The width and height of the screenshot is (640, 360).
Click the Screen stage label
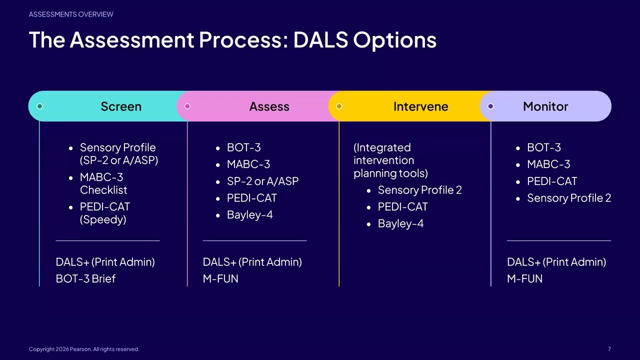[x=121, y=106]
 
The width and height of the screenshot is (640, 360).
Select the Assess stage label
[x=269, y=106]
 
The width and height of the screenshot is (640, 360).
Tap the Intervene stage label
[x=420, y=106]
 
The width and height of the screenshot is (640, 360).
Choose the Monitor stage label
[x=545, y=106]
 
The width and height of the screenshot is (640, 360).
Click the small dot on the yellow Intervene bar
[x=339, y=106]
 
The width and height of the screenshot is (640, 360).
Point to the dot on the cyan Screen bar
[x=40, y=106]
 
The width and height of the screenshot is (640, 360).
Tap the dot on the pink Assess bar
[x=187, y=106]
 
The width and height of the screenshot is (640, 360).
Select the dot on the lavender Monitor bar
[x=490, y=106]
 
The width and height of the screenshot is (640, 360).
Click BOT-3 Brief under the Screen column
[x=85, y=278]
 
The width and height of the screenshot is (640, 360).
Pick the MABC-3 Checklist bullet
[x=103, y=183]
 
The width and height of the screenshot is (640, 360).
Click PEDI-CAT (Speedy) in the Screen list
[x=105, y=213]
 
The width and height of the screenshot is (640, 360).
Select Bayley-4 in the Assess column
[x=249, y=215]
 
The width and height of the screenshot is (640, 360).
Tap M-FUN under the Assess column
[x=220, y=278]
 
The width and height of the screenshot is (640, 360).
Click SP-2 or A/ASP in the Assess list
[x=262, y=181]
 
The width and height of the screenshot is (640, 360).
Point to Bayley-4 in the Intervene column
[x=400, y=223]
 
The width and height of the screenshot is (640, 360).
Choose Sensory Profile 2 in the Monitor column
[x=568, y=198]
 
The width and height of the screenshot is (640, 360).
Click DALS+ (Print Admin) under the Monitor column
[x=556, y=262]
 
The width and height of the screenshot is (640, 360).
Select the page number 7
[x=609, y=349]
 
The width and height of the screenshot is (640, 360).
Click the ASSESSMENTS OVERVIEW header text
[x=71, y=14]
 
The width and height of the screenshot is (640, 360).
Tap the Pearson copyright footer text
[x=84, y=349]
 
